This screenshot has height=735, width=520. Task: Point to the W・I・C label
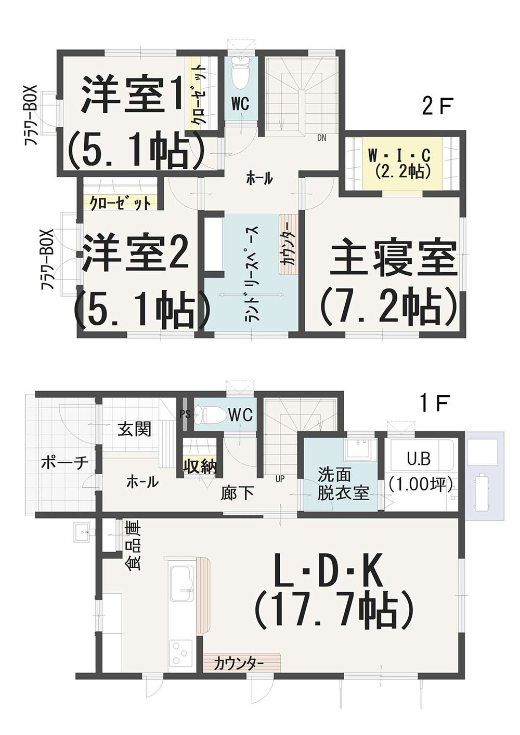pos(399,156)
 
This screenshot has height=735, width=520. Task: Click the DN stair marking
pos(321,138)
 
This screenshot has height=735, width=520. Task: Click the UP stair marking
pos(280,479)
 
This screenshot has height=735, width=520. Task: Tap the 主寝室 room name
pos(394,258)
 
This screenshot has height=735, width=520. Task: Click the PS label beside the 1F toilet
pos(185,415)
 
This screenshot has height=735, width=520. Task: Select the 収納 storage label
pos(200,466)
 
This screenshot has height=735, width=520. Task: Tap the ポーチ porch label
pos(65,463)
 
